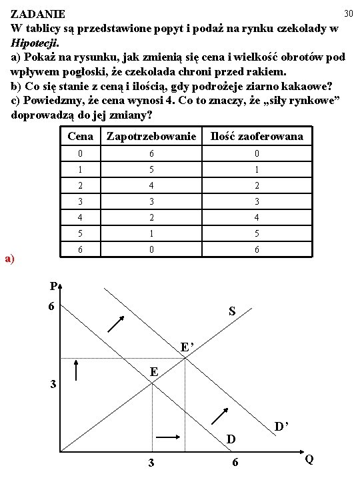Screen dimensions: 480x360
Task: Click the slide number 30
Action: pos(347,13)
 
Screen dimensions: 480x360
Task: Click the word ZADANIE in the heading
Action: pos(38,14)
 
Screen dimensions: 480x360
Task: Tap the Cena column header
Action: pos(81,137)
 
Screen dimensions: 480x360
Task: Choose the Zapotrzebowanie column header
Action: pos(152,137)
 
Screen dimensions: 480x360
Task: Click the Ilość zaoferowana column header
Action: pos(257,137)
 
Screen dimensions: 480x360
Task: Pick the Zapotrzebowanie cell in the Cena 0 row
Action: pos(152,154)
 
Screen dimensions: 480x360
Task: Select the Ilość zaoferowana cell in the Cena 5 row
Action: pos(257,234)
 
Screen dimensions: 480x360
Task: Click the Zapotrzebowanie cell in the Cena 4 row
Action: pos(152,218)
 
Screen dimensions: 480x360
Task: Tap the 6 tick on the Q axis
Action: pos(235,463)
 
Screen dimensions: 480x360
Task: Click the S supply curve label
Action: pos(231,311)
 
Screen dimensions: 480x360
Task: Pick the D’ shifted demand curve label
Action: pos(282,425)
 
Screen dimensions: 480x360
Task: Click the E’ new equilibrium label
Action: pos(189,347)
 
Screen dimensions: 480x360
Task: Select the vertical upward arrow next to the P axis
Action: pos(77,371)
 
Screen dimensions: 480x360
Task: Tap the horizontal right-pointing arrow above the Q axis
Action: pos(167,437)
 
